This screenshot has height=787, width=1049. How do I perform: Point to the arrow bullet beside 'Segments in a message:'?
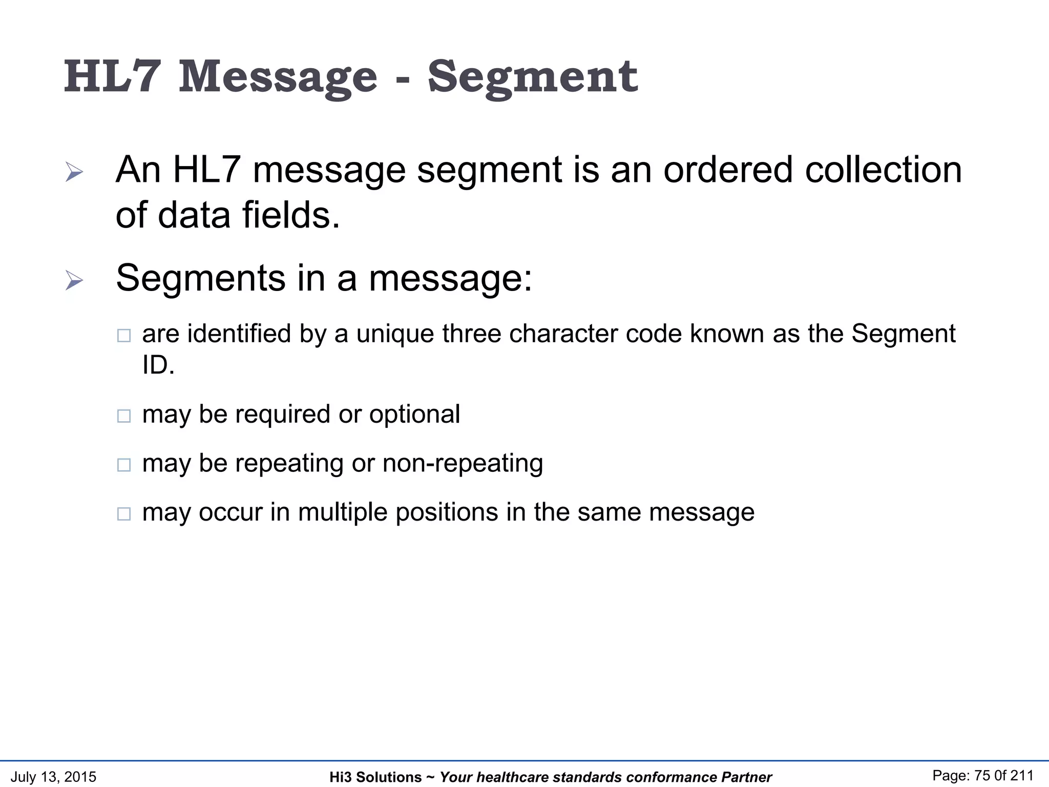point(74,280)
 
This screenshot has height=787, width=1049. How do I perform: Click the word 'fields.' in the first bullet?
point(291,215)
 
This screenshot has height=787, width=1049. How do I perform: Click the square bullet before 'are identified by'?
point(124,336)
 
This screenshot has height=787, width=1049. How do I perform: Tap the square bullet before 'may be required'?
point(124,416)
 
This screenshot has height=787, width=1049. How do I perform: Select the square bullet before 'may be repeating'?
point(124,465)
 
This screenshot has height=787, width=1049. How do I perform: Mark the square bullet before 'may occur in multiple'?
point(124,513)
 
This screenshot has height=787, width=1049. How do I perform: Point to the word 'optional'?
point(414,414)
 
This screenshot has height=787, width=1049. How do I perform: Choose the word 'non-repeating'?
point(463,463)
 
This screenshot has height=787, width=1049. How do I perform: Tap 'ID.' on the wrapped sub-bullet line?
point(158,365)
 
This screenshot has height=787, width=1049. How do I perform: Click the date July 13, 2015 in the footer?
point(53,777)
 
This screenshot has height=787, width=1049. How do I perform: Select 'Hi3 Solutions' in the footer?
point(375,777)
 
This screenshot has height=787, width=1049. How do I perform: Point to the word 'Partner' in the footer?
point(746,777)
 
